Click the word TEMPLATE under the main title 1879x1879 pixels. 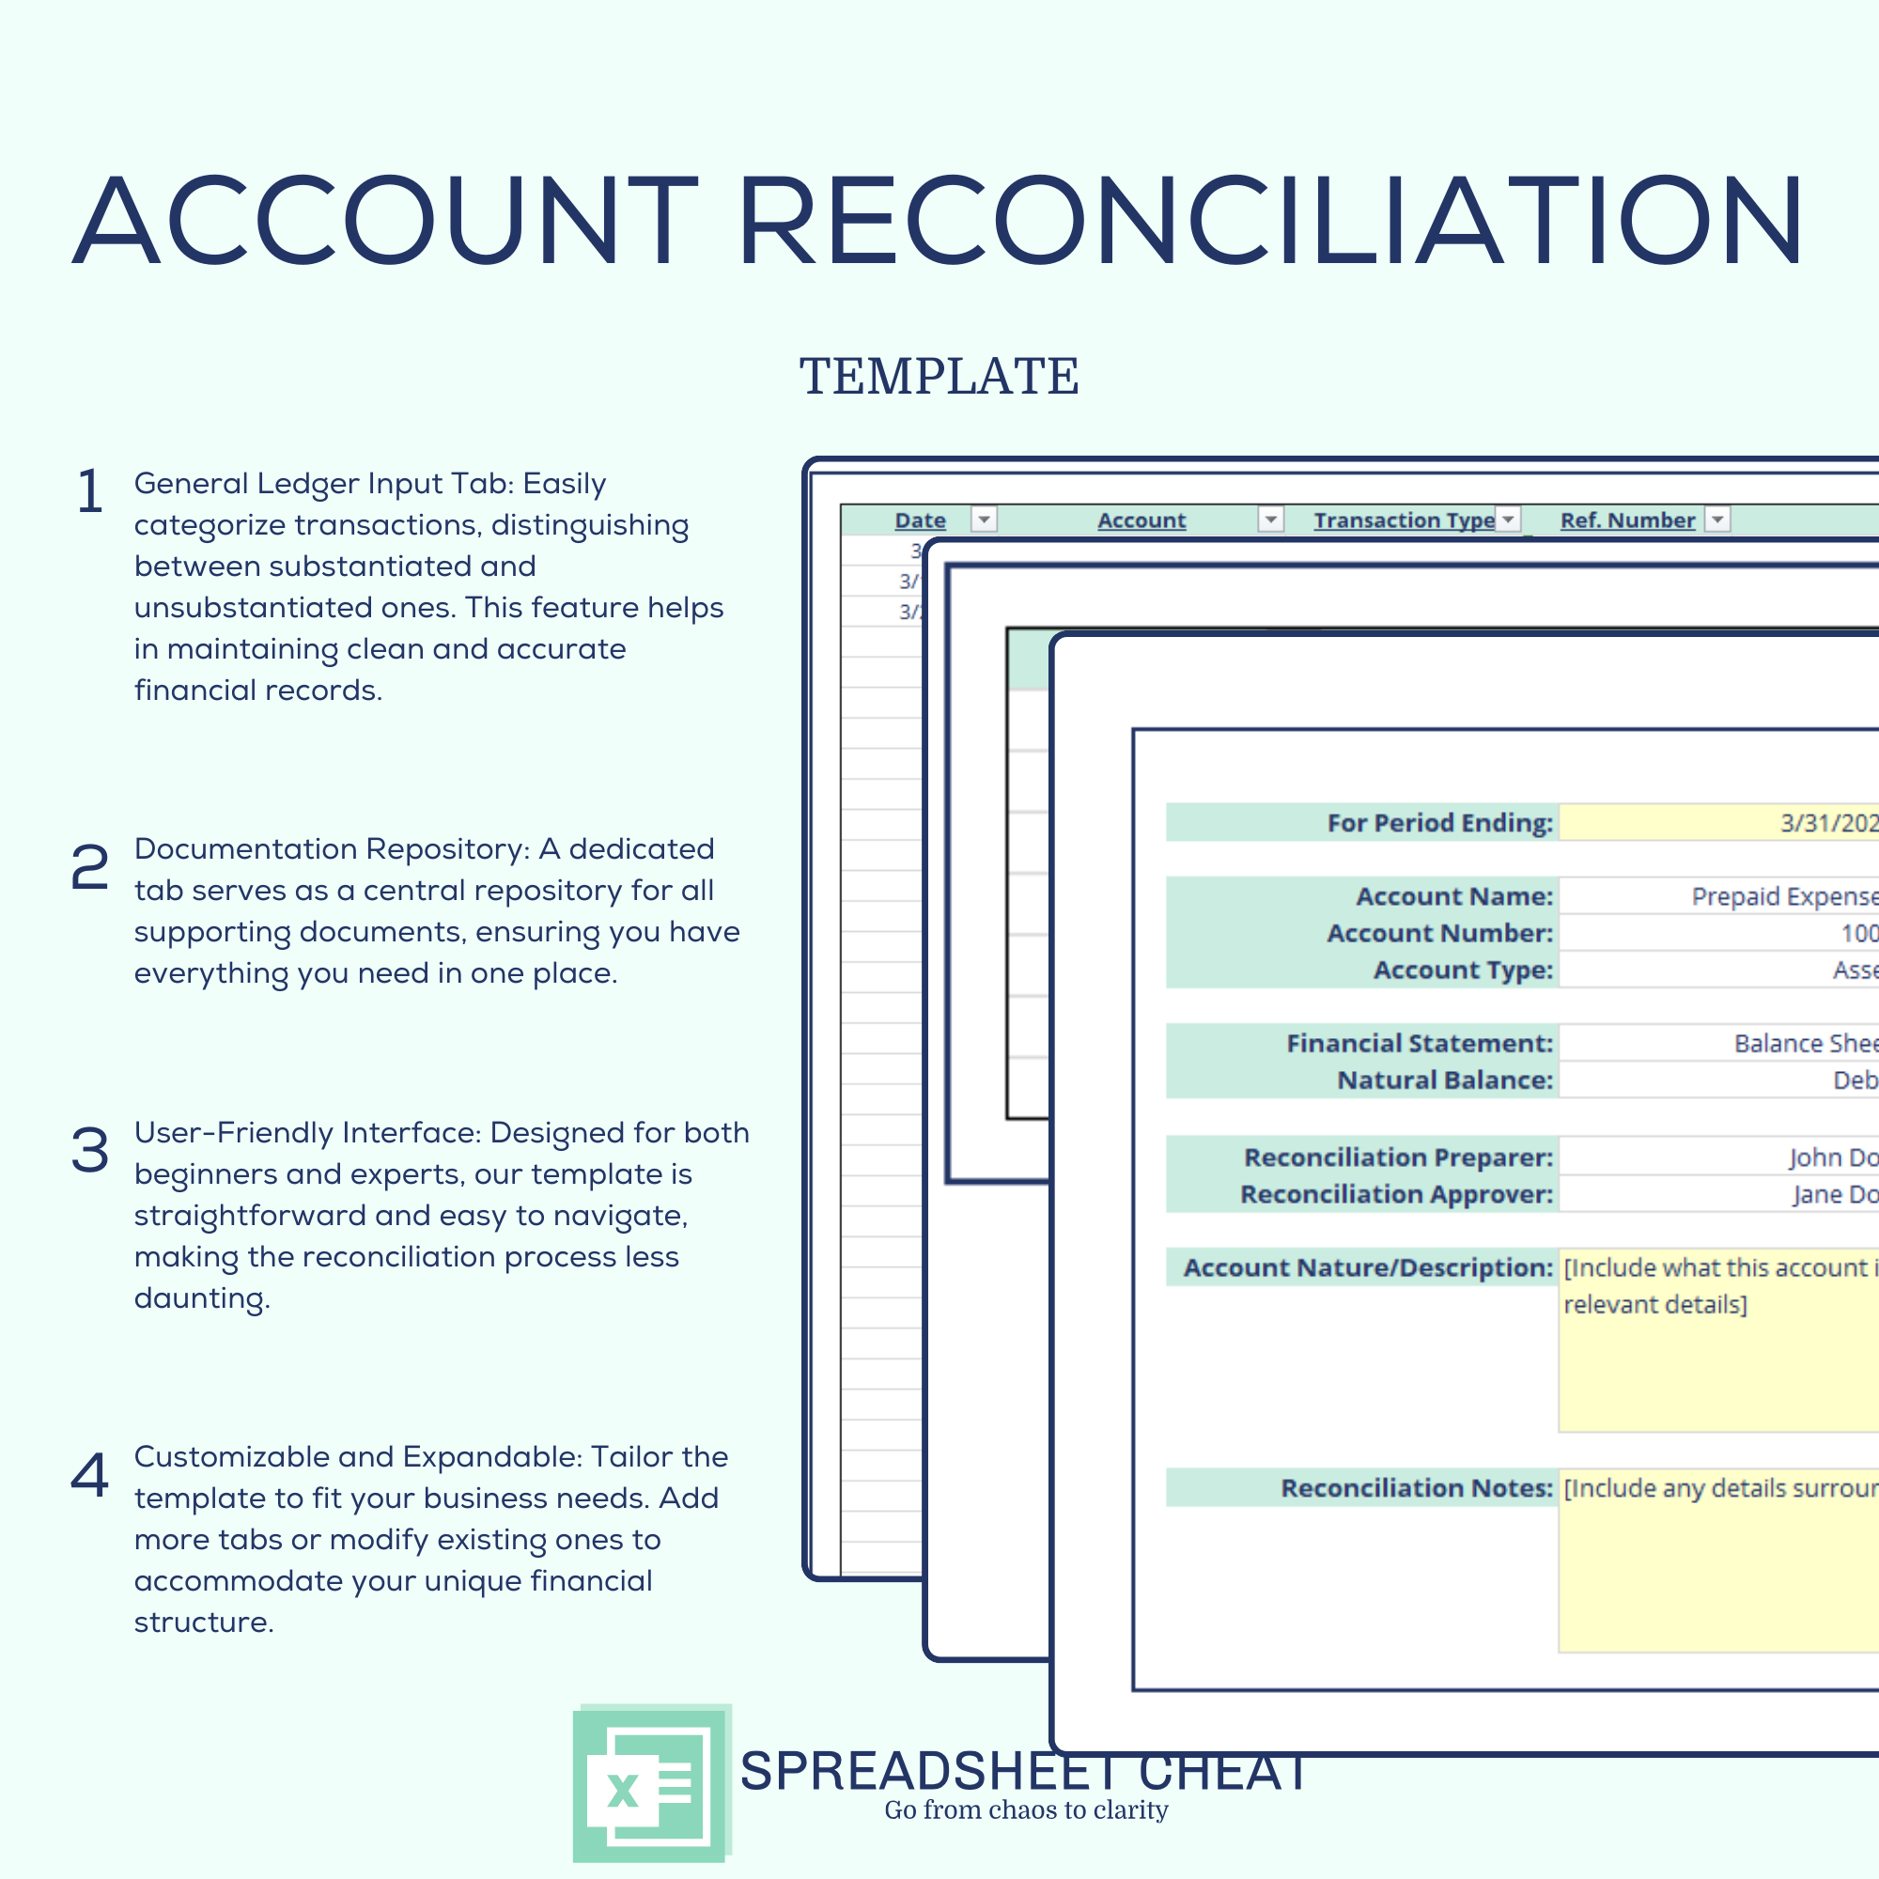pyautogui.click(x=939, y=377)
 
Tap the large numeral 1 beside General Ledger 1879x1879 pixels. pyautogui.click(x=89, y=491)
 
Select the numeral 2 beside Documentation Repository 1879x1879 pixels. pyautogui.click(x=89, y=866)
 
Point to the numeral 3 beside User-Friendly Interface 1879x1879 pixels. pyautogui.click(x=89, y=1151)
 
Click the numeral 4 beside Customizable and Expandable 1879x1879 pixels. pyautogui.click(x=89, y=1475)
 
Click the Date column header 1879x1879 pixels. pyautogui.click(x=919, y=520)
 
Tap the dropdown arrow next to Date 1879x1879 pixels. pyautogui.click(x=985, y=520)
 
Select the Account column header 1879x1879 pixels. pyautogui.click(x=1141, y=520)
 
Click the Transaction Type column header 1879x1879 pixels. pyautogui.click(x=1404, y=520)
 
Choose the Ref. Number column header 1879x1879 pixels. pyautogui.click(x=1627, y=520)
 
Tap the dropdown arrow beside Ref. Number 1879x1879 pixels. pyautogui.click(x=1717, y=520)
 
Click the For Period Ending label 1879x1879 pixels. pyautogui.click(x=1439, y=823)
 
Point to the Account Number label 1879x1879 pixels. pyautogui.click(x=1439, y=933)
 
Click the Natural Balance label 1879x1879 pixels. pyautogui.click(x=1444, y=1079)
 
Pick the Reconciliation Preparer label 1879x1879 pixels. pyautogui.click(x=1398, y=1157)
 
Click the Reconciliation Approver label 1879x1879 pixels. pyautogui.click(x=1396, y=1194)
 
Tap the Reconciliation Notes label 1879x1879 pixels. pyautogui.click(x=1416, y=1488)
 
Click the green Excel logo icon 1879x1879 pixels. pyautogui.click(x=651, y=1785)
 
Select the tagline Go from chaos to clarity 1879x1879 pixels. pyautogui.click(x=1025, y=1810)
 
